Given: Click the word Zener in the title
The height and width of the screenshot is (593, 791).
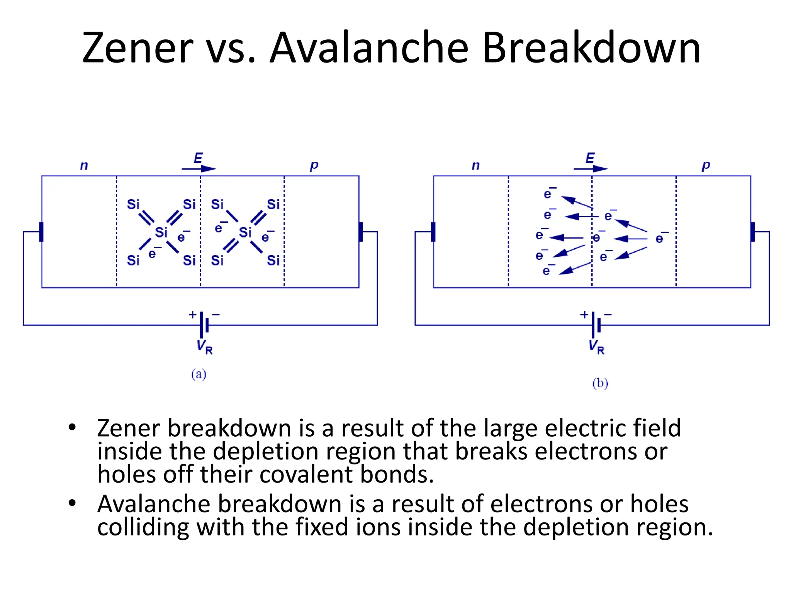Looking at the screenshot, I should (137, 48).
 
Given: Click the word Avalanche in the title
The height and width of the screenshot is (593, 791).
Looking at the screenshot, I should (369, 48).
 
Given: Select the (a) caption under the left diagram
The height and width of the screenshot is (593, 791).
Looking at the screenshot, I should (199, 374).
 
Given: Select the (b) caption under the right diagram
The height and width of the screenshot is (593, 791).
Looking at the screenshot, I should (600, 383).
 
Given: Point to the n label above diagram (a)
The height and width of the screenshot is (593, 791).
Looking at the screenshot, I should (84, 166).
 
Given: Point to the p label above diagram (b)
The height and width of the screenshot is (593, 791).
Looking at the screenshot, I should (706, 166).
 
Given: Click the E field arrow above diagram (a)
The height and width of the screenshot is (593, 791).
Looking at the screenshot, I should (199, 168).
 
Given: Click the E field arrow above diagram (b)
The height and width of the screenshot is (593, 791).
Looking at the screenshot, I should (590, 168).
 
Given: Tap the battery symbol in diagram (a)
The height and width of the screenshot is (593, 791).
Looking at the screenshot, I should (204, 325).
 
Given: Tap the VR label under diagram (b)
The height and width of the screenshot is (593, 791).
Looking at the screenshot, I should (596, 346).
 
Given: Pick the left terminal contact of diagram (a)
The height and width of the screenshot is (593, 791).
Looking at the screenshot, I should (41, 232).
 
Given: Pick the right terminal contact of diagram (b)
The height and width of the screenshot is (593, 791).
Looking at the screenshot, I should (752, 232).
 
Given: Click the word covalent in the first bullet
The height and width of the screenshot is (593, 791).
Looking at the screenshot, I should (306, 474).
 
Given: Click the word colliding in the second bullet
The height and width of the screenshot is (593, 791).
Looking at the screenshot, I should (143, 527).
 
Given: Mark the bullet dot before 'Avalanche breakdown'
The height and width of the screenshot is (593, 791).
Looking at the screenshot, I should (72, 503).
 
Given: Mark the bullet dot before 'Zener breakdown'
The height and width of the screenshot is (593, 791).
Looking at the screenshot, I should (72, 427).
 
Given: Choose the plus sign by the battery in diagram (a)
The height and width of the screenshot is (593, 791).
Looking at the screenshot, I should (192, 315).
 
